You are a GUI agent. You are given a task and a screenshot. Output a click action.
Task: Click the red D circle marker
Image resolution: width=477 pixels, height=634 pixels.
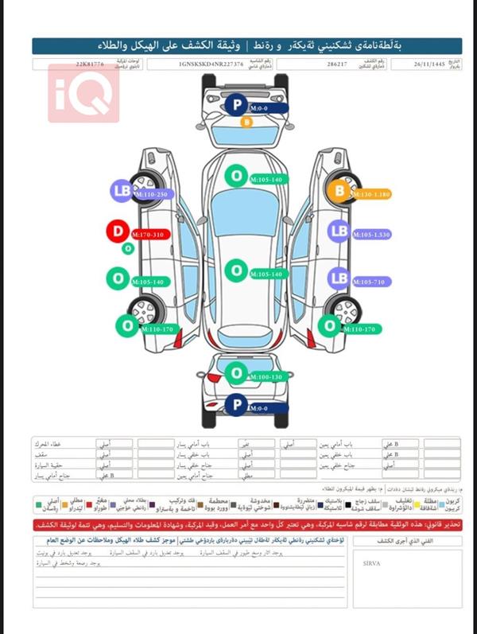pyautogui.click(x=118, y=231)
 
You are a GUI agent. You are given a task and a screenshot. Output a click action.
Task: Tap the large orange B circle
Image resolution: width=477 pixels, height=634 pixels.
pyautogui.click(x=339, y=191)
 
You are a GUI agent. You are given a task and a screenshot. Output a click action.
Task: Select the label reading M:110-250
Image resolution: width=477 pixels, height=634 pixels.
pyautogui.click(x=151, y=195)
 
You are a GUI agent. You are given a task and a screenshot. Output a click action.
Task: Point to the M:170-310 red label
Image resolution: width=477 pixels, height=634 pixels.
pyautogui.click(x=149, y=235)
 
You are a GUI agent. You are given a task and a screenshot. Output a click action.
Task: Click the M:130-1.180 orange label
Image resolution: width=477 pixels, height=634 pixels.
pyautogui.click(x=371, y=194)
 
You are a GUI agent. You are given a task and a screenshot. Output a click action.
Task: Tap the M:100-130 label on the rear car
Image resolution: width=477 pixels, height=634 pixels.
pyautogui.click(x=265, y=376)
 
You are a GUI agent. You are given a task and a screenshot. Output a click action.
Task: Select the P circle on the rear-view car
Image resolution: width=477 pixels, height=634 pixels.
pyautogui.click(x=235, y=406)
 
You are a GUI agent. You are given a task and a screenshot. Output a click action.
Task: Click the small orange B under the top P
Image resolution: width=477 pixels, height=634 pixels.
pyautogui.click(x=246, y=123)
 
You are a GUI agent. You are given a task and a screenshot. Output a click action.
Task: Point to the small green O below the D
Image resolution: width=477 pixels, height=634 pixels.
pyautogui.click(x=127, y=249)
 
